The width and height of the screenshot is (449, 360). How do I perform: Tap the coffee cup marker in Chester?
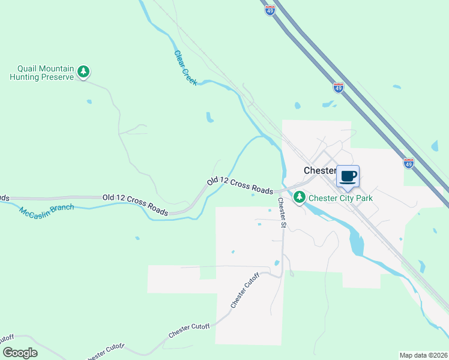tap(348, 176)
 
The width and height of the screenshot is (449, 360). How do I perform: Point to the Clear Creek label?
tap(185, 67)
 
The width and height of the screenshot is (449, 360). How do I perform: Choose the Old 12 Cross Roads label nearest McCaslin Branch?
tap(135, 204)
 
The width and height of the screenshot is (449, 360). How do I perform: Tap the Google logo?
tap(20, 353)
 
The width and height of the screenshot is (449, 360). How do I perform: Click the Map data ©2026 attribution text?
tap(424, 355)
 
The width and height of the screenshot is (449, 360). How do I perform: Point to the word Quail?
tap(29, 68)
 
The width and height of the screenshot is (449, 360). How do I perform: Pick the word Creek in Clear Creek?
tap(190, 76)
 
